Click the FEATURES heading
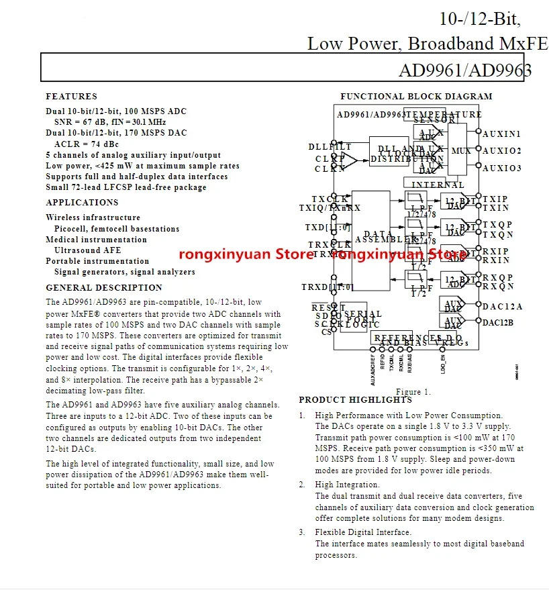71,97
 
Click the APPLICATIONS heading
82,203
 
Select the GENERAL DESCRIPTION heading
104,288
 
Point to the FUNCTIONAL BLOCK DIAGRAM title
416,97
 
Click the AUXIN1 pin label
501,134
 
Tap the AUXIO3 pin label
501,168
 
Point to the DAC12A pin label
502,307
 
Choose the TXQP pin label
497,225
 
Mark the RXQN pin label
497,287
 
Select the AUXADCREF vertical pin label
373,368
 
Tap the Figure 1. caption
413,392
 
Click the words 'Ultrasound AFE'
87,250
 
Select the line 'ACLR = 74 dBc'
86,144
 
